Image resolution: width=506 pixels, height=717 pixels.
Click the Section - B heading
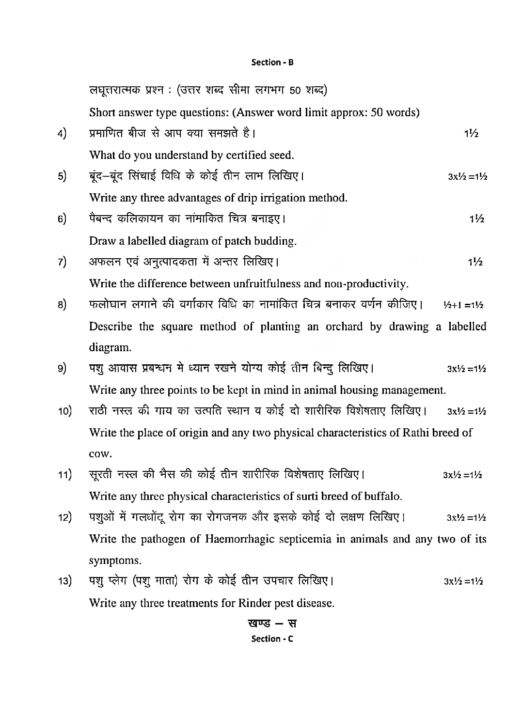pyautogui.click(x=272, y=62)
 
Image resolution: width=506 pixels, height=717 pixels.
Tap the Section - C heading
pyautogui.click(x=272, y=639)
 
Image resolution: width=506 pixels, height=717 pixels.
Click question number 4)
pyautogui.click(x=62, y=133)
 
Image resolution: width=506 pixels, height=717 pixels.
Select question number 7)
pyautogui.click(x=62, y=262)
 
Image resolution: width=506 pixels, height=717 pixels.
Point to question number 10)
pyautogui.click(x=65, y=411)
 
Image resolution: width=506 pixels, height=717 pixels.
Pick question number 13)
pyautogui.click(x=65, y=581)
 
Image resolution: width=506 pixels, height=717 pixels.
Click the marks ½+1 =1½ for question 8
pyautogui.click(x=463, y=305)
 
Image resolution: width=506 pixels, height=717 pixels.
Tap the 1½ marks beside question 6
pyautogui.click(x=476, y=219)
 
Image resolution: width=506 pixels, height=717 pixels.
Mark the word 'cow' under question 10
pyautogui.click(x=100, y=454)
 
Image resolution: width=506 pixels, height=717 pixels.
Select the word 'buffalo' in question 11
pyautogui.click(x=382, y=496)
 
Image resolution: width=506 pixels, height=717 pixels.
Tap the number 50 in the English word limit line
pyautogui.click(x=377, y=112)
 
